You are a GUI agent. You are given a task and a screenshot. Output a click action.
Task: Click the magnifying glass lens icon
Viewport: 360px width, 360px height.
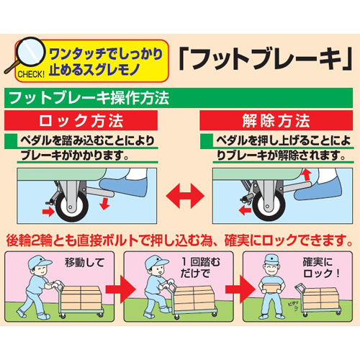[30, 51]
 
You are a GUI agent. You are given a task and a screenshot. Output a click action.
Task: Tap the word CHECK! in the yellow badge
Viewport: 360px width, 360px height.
[31, 74]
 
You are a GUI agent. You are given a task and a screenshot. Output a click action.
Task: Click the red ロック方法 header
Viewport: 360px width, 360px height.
[81, 120]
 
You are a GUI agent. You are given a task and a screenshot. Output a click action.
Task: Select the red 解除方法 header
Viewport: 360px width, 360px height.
[276, 120]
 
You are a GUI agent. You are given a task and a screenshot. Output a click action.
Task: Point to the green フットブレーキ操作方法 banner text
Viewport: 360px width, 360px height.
[89, 98]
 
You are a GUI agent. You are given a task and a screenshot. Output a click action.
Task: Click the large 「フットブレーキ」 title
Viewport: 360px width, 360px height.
[266, 58]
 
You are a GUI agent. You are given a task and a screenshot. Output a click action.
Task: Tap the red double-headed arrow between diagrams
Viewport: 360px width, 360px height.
[185, 196]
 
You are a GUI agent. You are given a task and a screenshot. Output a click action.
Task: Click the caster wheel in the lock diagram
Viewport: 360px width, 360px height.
[72, 207]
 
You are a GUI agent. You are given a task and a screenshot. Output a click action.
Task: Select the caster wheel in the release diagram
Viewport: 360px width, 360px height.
[269, 207]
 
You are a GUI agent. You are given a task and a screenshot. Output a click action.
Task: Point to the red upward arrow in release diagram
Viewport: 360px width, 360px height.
[307, 175]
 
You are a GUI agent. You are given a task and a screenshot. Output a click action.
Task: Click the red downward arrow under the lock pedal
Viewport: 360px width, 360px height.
[104, 204]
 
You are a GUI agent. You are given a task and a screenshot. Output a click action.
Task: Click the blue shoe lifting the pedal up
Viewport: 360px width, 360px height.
[318, 190]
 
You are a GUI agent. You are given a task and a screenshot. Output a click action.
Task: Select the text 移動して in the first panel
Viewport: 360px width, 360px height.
[84, 262]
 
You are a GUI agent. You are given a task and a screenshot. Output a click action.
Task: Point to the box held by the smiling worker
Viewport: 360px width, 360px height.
[271, 287]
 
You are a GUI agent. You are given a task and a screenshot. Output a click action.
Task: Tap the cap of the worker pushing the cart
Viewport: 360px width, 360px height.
[38, 262]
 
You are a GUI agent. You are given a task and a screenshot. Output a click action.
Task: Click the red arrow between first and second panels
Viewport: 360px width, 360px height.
[121, 289]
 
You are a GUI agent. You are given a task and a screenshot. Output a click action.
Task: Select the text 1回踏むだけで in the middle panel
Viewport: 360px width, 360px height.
[201, 268]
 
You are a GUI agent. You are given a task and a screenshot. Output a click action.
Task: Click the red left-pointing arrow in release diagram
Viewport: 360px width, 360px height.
[245, 211]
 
